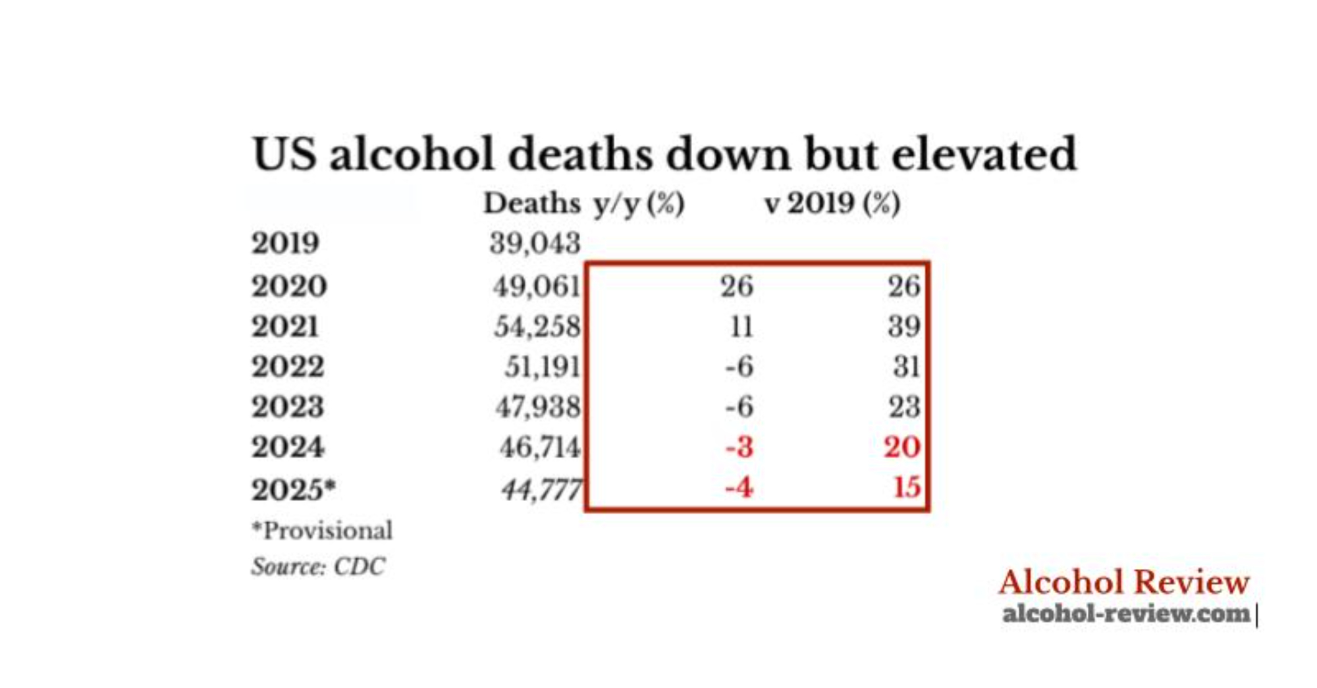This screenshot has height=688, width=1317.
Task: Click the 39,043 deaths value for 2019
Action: pyautogui.click(x=535, y=244)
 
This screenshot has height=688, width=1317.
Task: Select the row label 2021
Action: pyautogui.click(x=285, y=327)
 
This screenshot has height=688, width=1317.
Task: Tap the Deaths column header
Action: pyautogui.click(x=531, y=203)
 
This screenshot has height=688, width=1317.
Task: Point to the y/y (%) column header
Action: pyautogui.click(x=639, y=203)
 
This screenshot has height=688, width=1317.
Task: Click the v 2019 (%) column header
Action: pyautogui.click(x=832, y=203)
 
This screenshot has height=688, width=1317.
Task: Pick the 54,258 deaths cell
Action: pyautogui.click(x=537, y=327)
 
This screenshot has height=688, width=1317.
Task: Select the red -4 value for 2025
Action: pyautogui.click(x=738, y=488)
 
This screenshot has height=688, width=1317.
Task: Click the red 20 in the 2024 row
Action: pyautogui.click(x=901, y=448)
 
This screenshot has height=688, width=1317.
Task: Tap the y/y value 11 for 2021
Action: pyautogui.click(x=741, y=327)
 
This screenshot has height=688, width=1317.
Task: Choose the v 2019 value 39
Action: pyautogui.click(x=903, y=327)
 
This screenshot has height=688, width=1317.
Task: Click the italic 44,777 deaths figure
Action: pyautogui.click(x=541, y=489)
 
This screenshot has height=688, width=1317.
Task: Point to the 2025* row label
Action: pyautogui.click(x=293, y=489)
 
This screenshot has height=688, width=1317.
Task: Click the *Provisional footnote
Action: pyautogui.click(x=322, y=530)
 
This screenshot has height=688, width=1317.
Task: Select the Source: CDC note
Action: pyautogui.click(x=318, y=566)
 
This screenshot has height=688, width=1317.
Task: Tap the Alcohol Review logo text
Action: pyautogui.click(x=1123, y=582)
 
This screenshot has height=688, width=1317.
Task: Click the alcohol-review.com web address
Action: pyautogui.click(x=1125, y=614)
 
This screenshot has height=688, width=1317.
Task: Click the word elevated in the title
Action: pyautogui.click(x=984, y=154)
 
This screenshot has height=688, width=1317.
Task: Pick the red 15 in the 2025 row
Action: pyautogui.click(x=907, y=488)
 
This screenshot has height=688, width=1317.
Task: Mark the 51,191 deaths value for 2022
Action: pyautogui.click(x=542, y=367)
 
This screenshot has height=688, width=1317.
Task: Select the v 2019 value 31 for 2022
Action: pyautogui.click(x=906, y=367)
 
